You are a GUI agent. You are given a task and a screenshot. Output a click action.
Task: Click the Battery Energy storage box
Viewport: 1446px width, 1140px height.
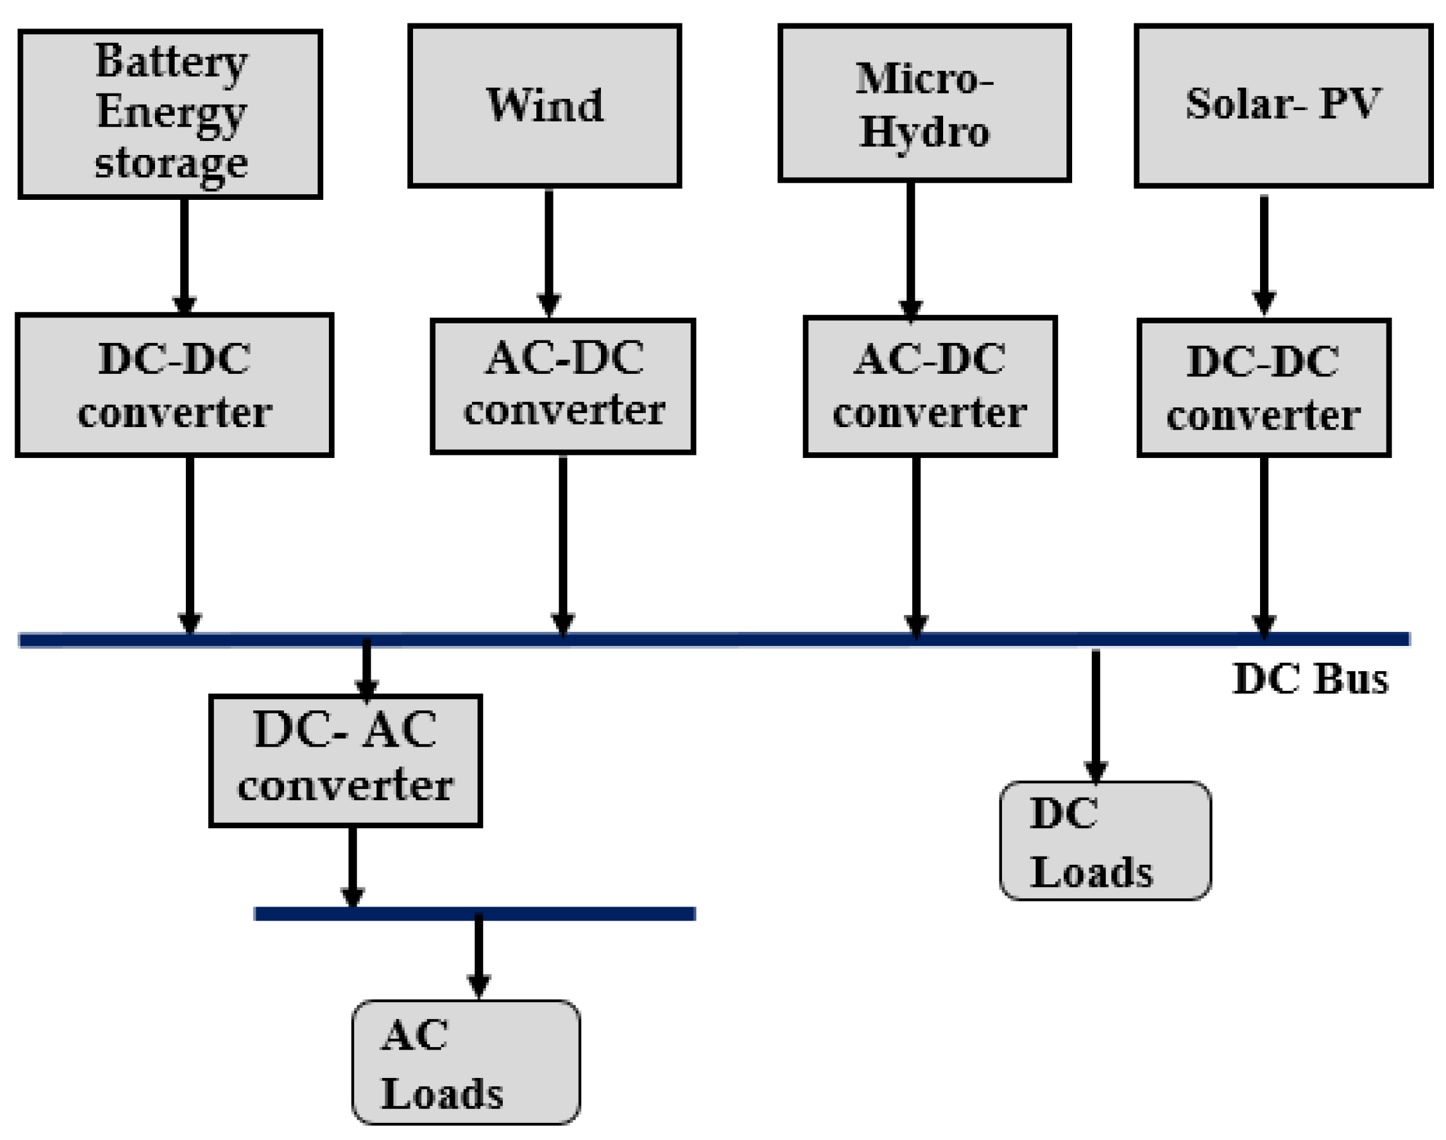(x=170, y=113)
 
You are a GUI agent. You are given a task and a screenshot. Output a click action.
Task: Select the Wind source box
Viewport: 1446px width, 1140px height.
(x=544, y=106)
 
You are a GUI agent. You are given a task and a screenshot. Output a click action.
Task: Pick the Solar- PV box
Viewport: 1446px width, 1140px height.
(x=1283, y=106)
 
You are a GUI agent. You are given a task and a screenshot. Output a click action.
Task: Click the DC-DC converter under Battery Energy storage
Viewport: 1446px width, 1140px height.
(x=173, y=385)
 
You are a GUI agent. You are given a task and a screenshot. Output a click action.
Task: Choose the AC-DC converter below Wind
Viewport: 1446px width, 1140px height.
(x=562, y=386)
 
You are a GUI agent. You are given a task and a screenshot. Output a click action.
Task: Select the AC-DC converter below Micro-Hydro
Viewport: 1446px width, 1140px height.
(x=929, y=386)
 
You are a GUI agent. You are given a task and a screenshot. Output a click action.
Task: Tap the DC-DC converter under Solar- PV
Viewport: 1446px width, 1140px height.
(x=1263, y=388)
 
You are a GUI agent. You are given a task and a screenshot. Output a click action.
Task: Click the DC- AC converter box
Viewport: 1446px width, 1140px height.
(x=345, y=760)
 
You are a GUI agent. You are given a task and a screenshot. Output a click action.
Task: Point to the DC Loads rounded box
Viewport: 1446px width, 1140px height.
(x=1104, y=840)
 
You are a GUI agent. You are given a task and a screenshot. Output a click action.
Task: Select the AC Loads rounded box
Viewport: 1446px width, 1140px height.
(x=465, y=1062)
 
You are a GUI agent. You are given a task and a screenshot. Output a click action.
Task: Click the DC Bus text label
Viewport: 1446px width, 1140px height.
(x=1310, y=679)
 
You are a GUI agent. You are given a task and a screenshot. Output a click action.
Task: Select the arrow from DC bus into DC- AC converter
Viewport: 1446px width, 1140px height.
(x=366, y=667)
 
